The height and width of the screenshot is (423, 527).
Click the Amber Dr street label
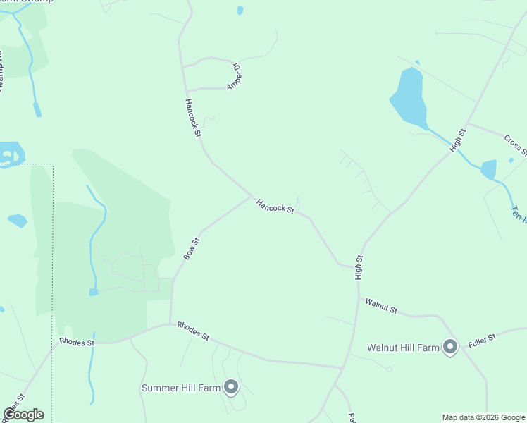click(x=234, y=77)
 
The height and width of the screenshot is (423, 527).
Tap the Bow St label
click(x=192, y=249)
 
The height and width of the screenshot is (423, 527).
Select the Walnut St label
click(x=381, y=306)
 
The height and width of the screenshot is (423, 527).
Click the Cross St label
click(x=516, y=143)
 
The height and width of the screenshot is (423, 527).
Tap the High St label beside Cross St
click(x=459, y=140)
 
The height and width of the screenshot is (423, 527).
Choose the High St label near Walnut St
click(x=359, y=268)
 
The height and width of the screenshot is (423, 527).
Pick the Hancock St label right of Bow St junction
click(x=275, y=206)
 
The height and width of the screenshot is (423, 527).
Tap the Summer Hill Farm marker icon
click(x=231, y=386)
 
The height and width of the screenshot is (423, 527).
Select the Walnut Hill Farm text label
click(x=403, y=348)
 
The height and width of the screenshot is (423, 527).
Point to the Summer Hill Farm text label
click(x=181, y=388)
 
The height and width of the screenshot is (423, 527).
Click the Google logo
click(x=23, y=415)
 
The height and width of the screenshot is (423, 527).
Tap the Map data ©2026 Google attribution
click(x=484, y=417)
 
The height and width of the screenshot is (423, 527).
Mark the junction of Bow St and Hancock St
click(x=252, y=197)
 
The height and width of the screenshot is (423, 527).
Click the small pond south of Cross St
click(x=488, y=170)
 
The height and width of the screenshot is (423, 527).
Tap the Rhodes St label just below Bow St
click(x=193, y=331)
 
